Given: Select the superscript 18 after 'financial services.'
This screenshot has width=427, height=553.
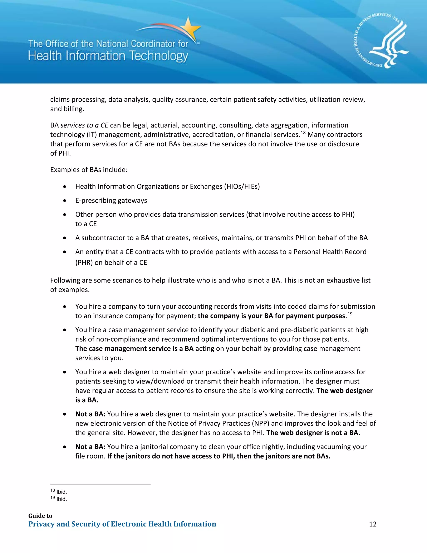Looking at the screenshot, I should point(303,133).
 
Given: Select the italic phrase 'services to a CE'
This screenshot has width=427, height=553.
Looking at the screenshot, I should point(84,125).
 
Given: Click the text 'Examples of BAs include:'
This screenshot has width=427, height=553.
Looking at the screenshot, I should point(89,170).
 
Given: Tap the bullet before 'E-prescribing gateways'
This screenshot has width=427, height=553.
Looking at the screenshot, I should point(65,201).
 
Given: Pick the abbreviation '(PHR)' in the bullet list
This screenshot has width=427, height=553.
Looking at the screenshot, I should point(84,262).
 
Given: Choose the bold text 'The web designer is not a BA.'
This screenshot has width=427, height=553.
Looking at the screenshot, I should point(313,433).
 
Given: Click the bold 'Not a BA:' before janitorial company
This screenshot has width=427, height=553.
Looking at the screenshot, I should point(90,447).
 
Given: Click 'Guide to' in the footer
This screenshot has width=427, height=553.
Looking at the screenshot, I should point(40,516).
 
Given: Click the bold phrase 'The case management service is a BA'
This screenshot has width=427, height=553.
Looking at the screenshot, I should point(134,348).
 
